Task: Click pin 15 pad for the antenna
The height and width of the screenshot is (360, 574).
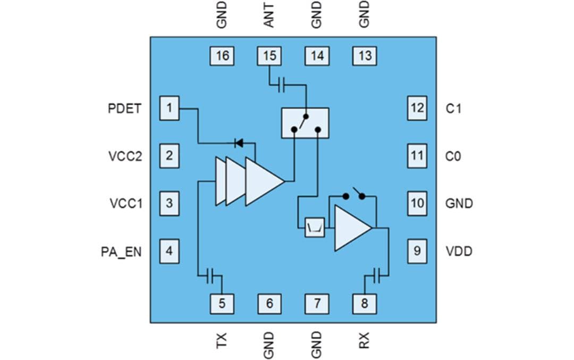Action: (269, 56)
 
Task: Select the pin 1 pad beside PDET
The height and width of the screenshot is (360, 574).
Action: (169, 108)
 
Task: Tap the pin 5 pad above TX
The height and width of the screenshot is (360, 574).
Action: (222, 304)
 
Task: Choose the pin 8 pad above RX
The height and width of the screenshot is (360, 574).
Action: (364, 304)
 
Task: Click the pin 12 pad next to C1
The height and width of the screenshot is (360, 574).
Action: (417, 108)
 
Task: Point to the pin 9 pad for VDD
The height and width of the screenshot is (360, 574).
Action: (417, 250)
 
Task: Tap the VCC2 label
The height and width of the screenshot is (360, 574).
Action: (125, 156)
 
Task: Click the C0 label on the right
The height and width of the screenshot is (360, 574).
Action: (453, 156)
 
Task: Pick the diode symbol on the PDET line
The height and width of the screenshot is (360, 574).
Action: (239, 143)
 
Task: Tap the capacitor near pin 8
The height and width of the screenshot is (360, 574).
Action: (377, 275)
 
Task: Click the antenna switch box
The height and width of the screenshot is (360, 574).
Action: (305, 123)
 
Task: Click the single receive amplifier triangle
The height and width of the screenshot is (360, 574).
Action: (351, 228)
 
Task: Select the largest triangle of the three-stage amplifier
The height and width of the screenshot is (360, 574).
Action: (263, 181)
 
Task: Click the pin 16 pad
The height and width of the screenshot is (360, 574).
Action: (222, 56)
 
